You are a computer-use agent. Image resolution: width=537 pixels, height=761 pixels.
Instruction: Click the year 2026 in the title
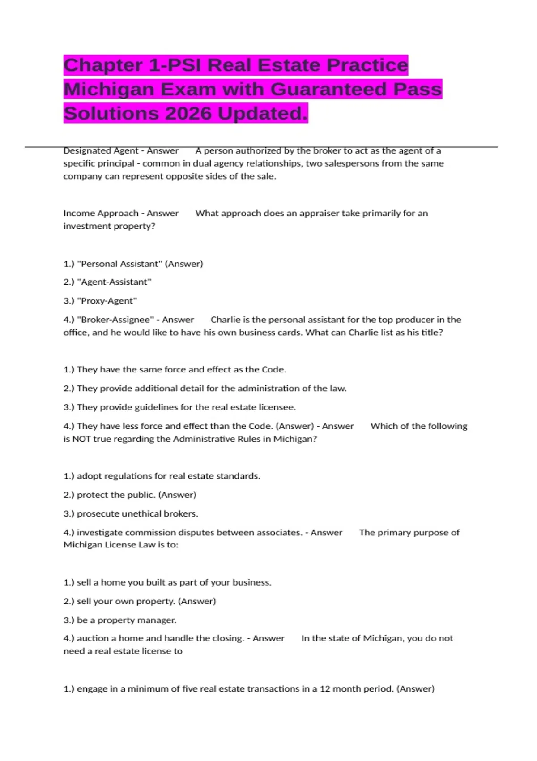click(188, 113)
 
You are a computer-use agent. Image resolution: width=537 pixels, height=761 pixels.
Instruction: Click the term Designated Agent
click(101, 151)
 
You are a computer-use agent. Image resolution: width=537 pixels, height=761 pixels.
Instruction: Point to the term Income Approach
click(101, 214)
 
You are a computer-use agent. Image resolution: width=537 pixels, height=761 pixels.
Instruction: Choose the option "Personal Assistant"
click(120, 264)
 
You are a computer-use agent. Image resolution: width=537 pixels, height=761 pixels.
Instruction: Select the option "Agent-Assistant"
click(114, 282)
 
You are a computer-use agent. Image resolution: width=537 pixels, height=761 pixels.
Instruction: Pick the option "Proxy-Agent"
click(107, 301)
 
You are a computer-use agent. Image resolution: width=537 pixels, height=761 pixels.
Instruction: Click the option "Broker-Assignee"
click(115, 320)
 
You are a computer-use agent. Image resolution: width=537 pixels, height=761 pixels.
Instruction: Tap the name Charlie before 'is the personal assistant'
click(225, 320)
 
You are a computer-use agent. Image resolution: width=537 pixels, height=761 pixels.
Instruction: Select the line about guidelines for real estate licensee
click(179, 407)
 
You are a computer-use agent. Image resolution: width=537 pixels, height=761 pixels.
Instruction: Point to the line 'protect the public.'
click(130, 495)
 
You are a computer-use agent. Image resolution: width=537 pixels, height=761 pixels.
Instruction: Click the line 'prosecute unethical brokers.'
click(131, 513)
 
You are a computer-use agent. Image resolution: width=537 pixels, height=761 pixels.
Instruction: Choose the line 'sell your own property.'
click(140, 601)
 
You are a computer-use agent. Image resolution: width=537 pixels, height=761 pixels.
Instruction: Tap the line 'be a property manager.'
click(120, 620)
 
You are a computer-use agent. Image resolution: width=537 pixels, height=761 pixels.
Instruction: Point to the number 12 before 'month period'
click(325, 689)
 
